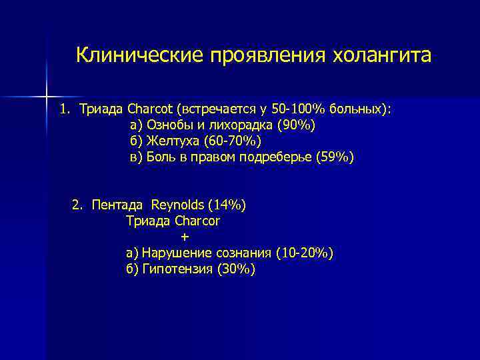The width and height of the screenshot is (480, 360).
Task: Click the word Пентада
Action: click(117, 205)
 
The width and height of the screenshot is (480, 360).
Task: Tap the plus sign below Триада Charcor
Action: click(185, 237)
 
